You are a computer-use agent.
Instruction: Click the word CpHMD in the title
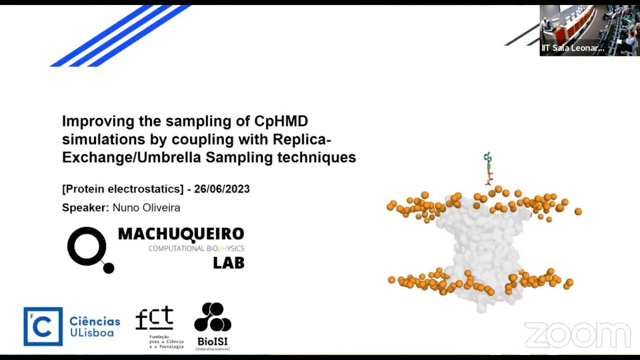tap(281, 121)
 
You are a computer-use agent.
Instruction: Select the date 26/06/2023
tap(222, 189)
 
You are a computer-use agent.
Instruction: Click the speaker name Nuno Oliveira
tap(146, 207)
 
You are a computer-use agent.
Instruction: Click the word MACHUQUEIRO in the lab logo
tap(181, 234)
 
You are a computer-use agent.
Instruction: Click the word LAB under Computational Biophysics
tap(228, 262)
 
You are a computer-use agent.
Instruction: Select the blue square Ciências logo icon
tap(43, 326)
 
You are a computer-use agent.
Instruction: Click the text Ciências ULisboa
tap(94, 326)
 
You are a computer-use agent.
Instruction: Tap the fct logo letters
tap(154, 318)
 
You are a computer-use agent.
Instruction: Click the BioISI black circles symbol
tap(212, 317)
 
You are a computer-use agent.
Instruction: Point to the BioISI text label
tap(212, 341)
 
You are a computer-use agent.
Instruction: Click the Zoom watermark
tap(577, 334)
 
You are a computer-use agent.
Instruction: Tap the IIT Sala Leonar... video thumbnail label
tap(573, 48)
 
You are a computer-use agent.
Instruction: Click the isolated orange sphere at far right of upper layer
tap(578, 211)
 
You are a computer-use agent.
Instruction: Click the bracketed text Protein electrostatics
tap(122, 189)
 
